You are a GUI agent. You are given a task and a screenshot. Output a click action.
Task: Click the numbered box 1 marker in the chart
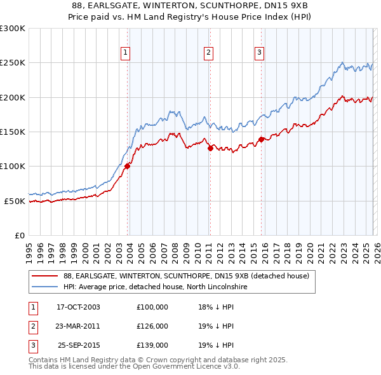pos(126,53)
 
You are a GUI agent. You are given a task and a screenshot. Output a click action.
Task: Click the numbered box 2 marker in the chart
pos(208,53)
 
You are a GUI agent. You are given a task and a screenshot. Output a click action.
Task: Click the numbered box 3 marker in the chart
pos(260,53)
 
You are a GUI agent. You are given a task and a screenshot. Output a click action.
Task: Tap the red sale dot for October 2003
pos(127,166)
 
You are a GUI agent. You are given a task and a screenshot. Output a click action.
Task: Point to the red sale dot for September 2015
pos(261,139)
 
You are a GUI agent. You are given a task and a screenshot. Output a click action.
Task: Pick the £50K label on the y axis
pos(15,201)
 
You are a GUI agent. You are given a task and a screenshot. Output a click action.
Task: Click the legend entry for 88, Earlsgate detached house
pos(185,276)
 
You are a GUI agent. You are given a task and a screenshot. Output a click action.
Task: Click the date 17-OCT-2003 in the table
pos(78,307)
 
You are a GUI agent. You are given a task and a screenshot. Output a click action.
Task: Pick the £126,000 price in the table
pos(152,326)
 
